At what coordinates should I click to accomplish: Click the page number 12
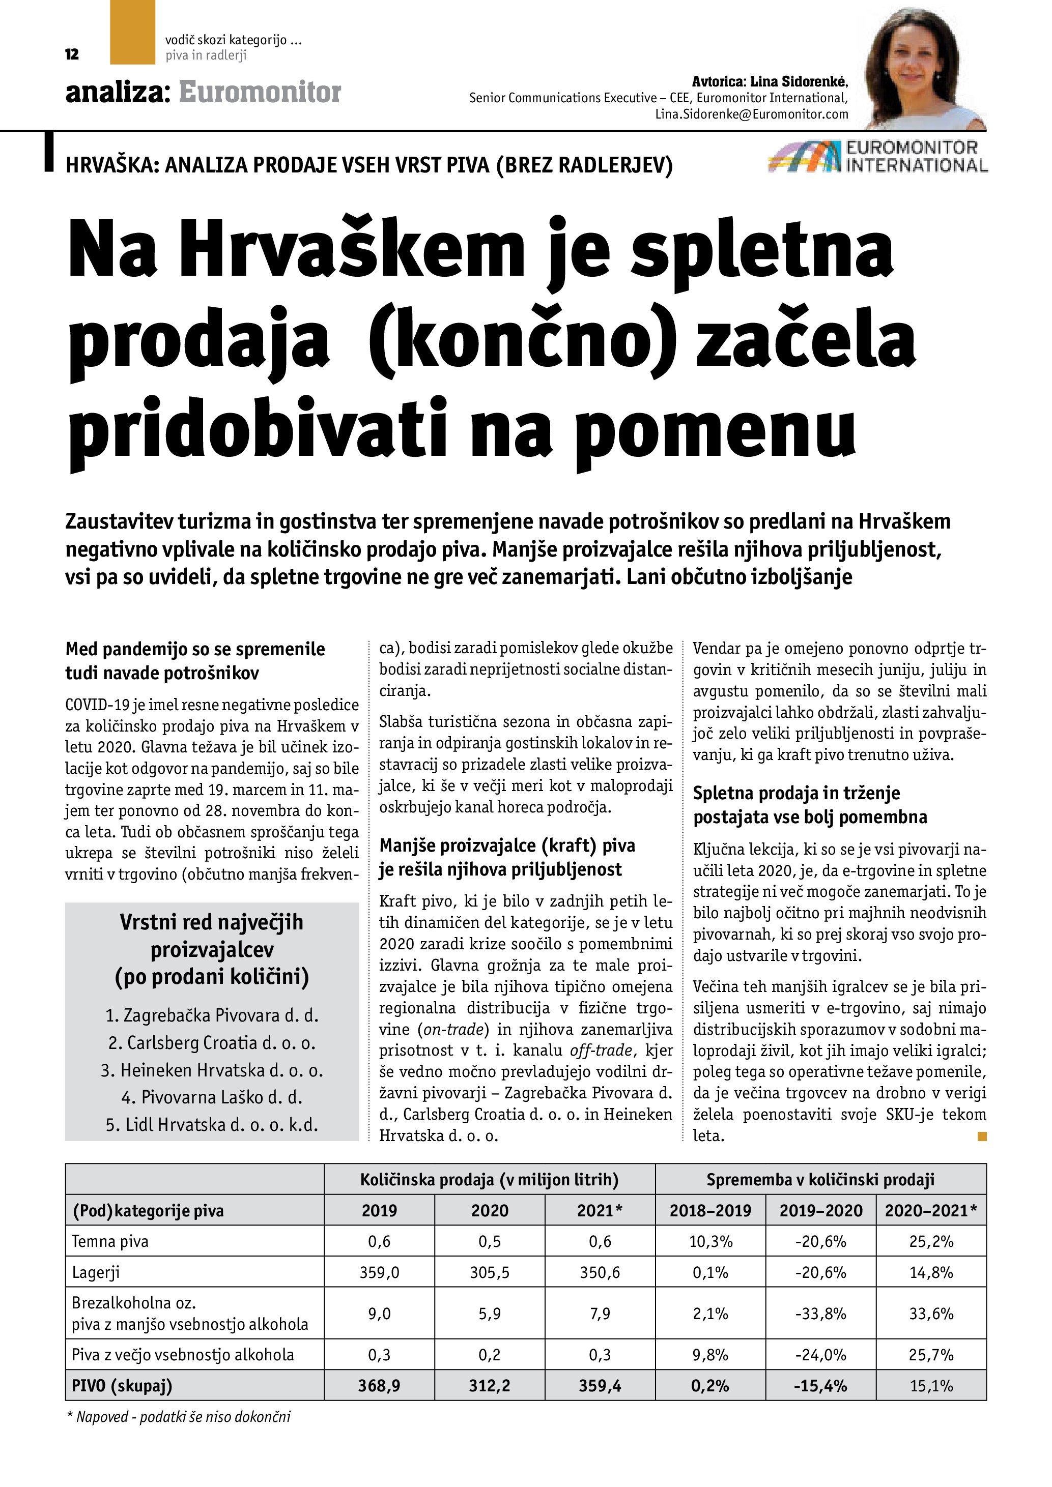click(x=72, y=54)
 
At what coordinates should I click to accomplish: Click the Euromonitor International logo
click(x=878, y=157)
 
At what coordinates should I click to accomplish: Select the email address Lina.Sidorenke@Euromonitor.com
click(x=751, y=114)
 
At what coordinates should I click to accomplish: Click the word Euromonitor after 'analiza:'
click(x=260, y=93)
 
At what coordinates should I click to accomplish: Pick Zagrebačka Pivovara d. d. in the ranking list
click(x=212, y=1015)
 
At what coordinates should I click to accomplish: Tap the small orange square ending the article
click(x=982, y=1135)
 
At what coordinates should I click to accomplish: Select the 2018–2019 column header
click(x=710, y=1210)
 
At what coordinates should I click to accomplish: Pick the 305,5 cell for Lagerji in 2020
click(x=490, y=1273)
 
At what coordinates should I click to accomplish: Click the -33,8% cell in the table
click(x=821, y=1314)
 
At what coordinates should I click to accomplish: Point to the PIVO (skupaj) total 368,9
click(x=379, y=1385)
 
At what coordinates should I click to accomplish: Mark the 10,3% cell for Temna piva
click(x=710, y=1242)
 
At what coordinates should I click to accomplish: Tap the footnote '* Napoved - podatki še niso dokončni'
click(x=179, y=1416)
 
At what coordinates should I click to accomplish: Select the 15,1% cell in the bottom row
click(x=931, y=1385)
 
